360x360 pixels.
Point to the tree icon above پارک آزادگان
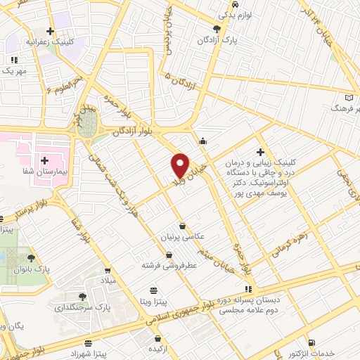(216, 28)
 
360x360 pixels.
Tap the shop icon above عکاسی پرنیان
(184, 226)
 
